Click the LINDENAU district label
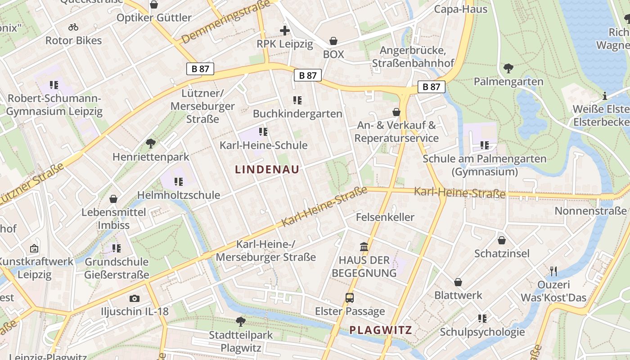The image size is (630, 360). pyautogui.click(x=267, y=170)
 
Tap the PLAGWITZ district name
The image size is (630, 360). pyautogui.click(x=381, y=330)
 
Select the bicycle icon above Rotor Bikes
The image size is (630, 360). pyautogui.click(x=73, y=27)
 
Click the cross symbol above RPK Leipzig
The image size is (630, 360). pyautogui.click(x=284, y=31)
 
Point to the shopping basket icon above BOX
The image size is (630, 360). pyautogui.click(x=333, y=41)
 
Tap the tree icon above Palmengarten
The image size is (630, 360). pyautogui.click(x=508, y=68)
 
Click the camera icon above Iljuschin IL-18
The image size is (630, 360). pyautogui.click(x=134, y=298)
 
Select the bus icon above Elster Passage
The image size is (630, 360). pyautogui.click(x=350, y=297)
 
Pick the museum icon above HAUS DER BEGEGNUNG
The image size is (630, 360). pyautogui.click(x=364, y=247)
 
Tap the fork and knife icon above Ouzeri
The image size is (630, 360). pyautogui.click(x=553, y=271)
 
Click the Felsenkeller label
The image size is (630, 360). pyautogui.click(x=385, y=217)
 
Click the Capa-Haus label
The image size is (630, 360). pyautogui.click(x=460, y=9)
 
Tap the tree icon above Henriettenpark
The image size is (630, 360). pyautogui.click(x=151, y=144)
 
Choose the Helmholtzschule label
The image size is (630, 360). pyautogui.click(x=179, y=195)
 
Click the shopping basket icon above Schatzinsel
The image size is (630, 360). pyautogui.click(x=502, y=240)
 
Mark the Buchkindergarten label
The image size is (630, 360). pyautogui.click(x=297, y=114)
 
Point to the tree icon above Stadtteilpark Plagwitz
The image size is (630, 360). pyautogui.click(x=241, y=321)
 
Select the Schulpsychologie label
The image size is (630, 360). pyautogui.click(x=482, y=332)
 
